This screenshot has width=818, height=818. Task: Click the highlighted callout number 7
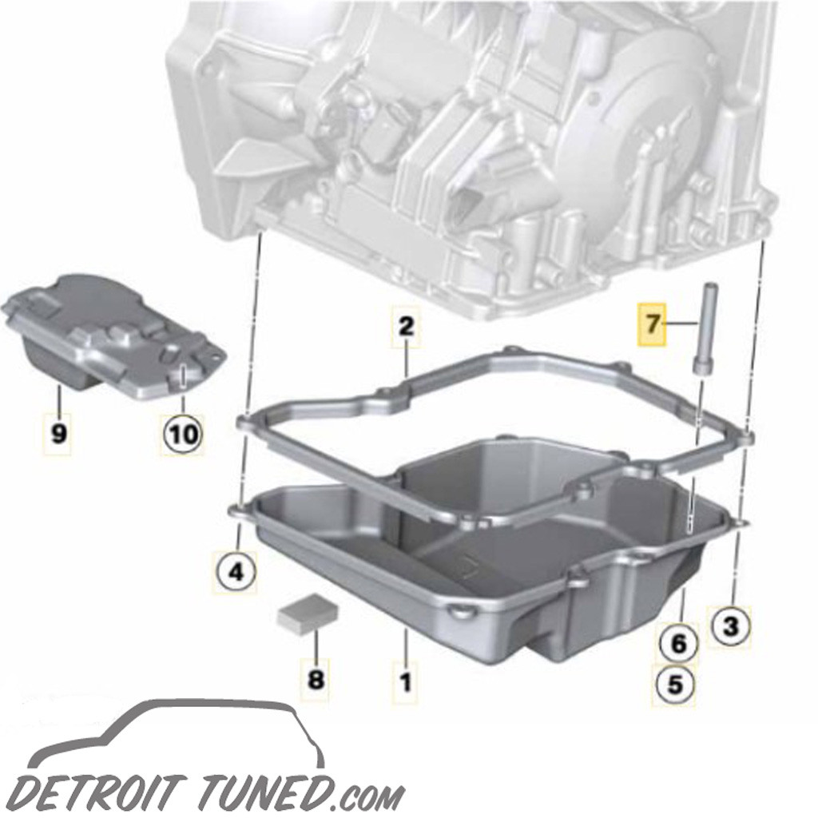click(x=652, y=324)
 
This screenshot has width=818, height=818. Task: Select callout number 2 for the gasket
click(x=406, y=326)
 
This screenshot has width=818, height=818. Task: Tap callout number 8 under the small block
click(x=316, y=680)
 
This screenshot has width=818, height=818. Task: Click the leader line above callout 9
click(x=58, y=399)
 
